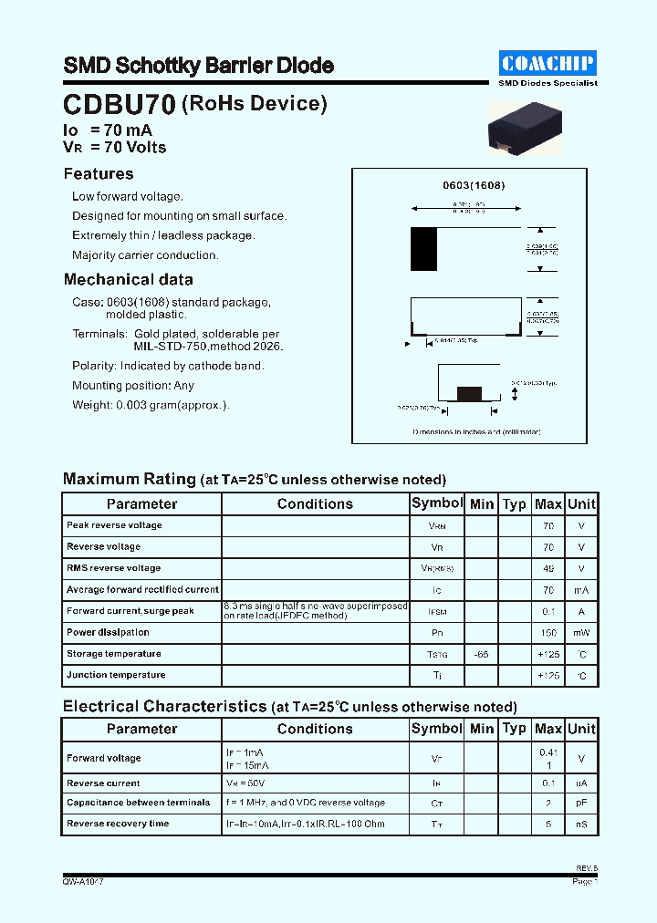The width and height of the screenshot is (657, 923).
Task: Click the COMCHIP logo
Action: click(547, 63)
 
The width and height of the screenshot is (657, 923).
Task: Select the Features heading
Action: click(99, 174)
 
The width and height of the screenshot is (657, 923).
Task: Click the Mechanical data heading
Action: click(128, 280)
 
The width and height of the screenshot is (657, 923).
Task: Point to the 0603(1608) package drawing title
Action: click(474, 185)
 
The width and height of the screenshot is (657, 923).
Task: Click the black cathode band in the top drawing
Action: click(423, 249)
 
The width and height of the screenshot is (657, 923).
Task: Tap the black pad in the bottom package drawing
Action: click(469, 393)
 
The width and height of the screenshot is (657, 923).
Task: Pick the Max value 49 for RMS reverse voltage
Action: click(547, 568)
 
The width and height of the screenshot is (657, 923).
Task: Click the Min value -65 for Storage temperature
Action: click(481, 655)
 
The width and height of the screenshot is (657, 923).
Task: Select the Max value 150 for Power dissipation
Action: click(547, 633)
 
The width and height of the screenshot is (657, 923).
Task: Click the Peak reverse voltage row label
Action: click(114, 525)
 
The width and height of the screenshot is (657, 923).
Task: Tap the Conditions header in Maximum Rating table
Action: click(315, 503)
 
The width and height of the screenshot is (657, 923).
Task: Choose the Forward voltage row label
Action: click(104, 758)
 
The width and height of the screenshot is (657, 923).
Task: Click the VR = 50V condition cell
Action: click(246, 783)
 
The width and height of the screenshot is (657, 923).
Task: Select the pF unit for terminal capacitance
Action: click(581, 804)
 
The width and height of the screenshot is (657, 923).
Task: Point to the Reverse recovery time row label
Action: click(118, 824)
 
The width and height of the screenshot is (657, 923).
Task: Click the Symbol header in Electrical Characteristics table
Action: click(437, 729)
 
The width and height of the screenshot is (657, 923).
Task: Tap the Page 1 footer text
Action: click(584, 882)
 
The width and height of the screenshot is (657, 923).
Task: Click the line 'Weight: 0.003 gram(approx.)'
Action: click(151, 405)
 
